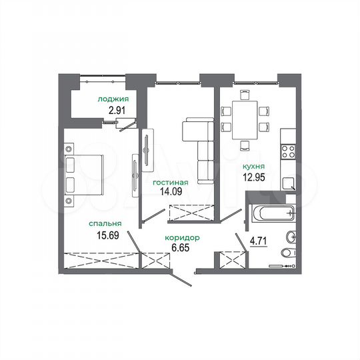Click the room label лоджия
click(113, 99)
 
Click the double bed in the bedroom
click(84, 175)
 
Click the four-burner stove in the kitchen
click(288, 151)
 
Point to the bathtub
click(271, 215)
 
